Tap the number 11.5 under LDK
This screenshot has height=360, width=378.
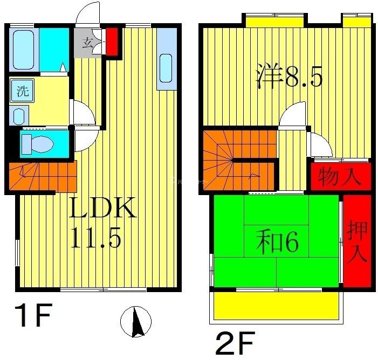95,237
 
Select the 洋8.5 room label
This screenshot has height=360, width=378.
288,77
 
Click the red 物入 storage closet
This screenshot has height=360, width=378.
340,177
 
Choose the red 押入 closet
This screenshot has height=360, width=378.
358,240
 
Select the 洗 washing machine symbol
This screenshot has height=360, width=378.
22,91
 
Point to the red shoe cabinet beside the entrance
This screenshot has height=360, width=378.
112,41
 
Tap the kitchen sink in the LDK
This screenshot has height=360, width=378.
166,67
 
